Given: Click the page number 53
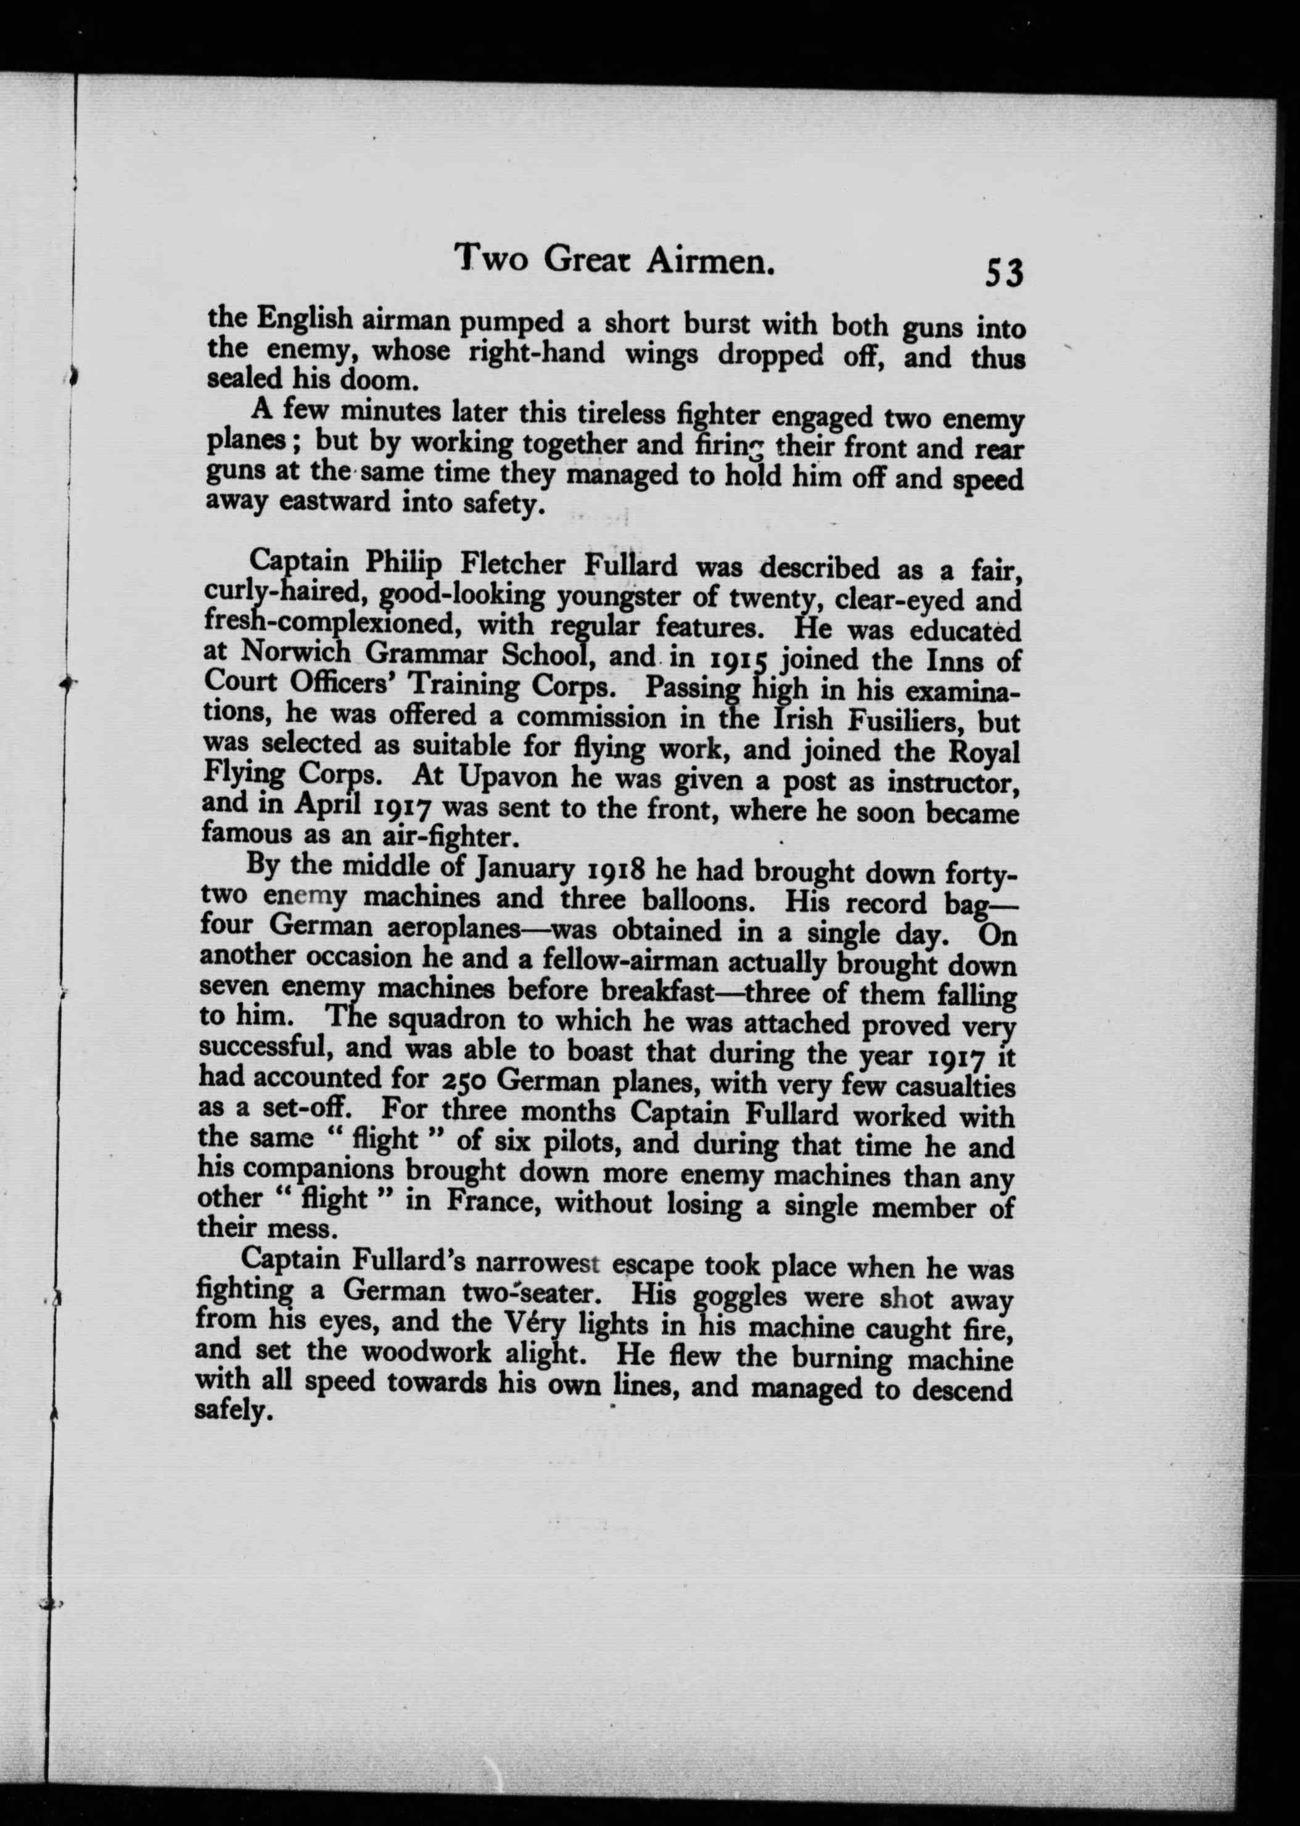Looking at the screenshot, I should [1005, 273].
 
